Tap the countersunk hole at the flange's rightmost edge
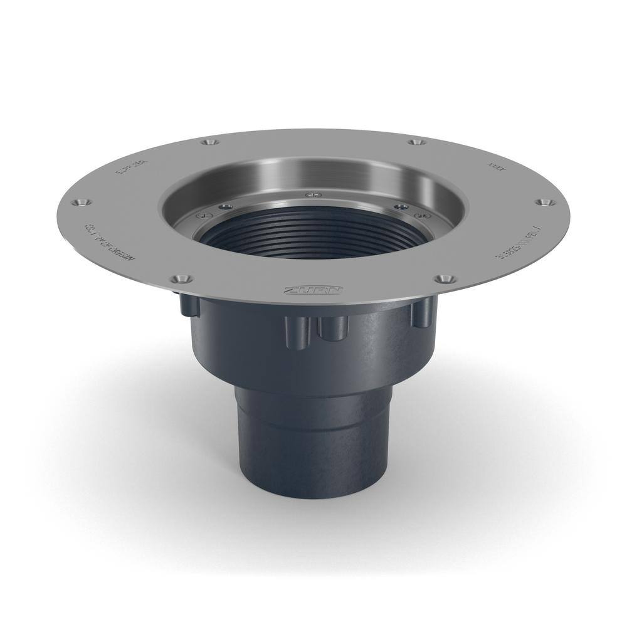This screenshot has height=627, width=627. pos(543,202)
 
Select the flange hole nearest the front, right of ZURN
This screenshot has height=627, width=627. pos(445,277)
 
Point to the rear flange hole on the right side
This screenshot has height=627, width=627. pos(415,143)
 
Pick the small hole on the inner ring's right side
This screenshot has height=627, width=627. pos(399,205)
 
